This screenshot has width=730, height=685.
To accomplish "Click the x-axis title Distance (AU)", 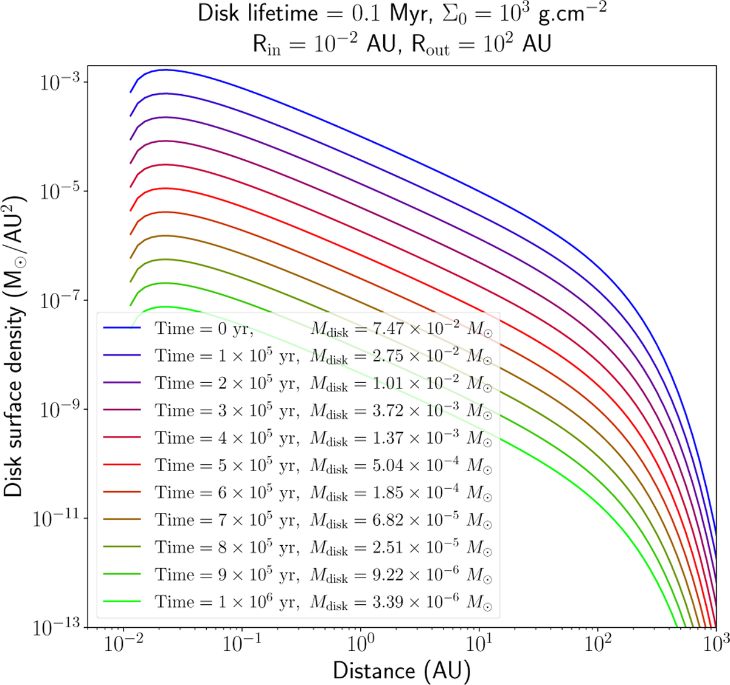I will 401,670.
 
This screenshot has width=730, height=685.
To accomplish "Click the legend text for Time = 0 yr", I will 204,328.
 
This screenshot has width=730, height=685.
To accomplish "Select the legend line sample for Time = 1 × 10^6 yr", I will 122,602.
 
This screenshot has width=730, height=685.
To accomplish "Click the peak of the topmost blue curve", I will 163,70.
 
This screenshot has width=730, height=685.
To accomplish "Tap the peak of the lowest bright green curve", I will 163,307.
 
